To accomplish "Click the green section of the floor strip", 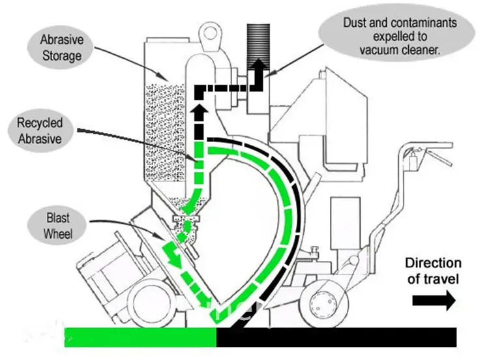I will tap(140, 337).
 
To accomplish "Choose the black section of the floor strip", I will tap(336, 337).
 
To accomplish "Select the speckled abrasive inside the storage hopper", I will tap(163, 137).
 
